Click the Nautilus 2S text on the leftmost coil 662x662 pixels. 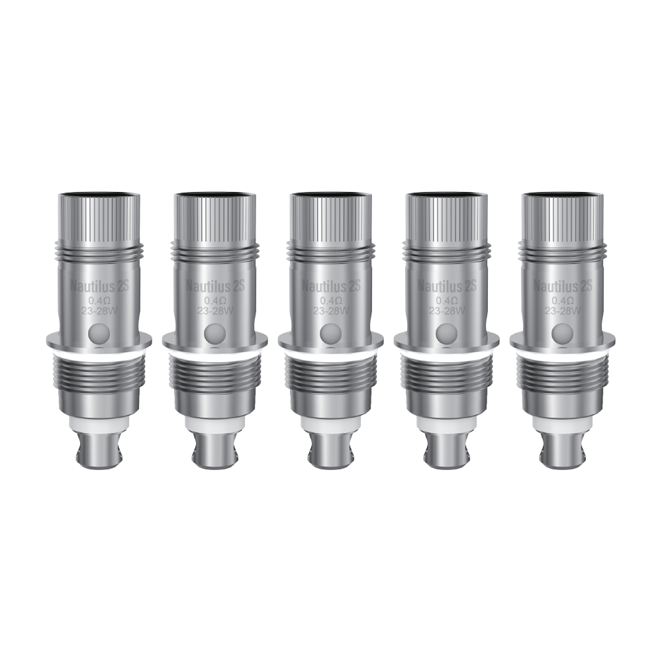99,286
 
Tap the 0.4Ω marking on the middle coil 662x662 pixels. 330,301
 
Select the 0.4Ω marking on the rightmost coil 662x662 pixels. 562,301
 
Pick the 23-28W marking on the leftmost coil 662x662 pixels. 99,310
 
